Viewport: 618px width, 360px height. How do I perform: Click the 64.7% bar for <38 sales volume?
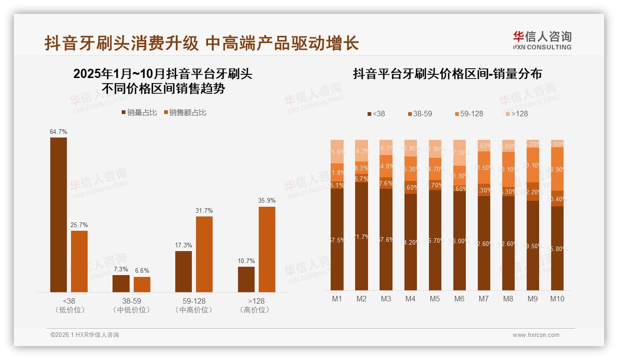59,215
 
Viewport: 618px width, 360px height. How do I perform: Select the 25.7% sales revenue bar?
79,261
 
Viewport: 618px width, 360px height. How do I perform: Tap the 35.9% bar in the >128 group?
267,249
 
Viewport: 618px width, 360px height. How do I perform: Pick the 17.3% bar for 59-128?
184,271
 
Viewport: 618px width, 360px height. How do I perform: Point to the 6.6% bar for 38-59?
142,284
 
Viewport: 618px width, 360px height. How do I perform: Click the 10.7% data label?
246,261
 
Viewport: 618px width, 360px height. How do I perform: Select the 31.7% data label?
204,211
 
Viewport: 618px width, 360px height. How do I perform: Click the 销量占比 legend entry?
139,113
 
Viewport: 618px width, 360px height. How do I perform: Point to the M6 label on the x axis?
459,299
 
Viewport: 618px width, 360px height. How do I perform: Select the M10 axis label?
557,299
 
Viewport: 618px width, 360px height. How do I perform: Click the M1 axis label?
337,299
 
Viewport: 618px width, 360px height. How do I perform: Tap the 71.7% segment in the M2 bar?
362,236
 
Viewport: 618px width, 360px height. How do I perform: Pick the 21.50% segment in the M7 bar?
483,168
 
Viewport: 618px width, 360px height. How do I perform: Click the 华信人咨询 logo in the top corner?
542,40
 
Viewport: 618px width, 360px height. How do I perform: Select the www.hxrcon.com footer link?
536,335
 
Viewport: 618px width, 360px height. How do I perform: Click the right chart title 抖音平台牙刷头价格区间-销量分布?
447,74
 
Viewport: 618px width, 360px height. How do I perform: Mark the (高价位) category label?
256,310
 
